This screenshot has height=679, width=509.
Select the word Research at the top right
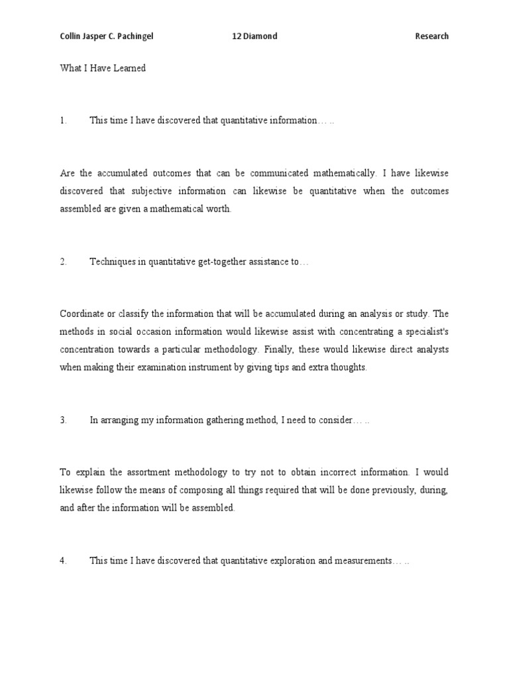[431, 36]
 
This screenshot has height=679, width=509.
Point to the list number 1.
[63, 120]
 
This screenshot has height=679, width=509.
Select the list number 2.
[63, 261]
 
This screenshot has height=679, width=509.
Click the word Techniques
[111, 261]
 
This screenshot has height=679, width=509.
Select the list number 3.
[63, 420]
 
